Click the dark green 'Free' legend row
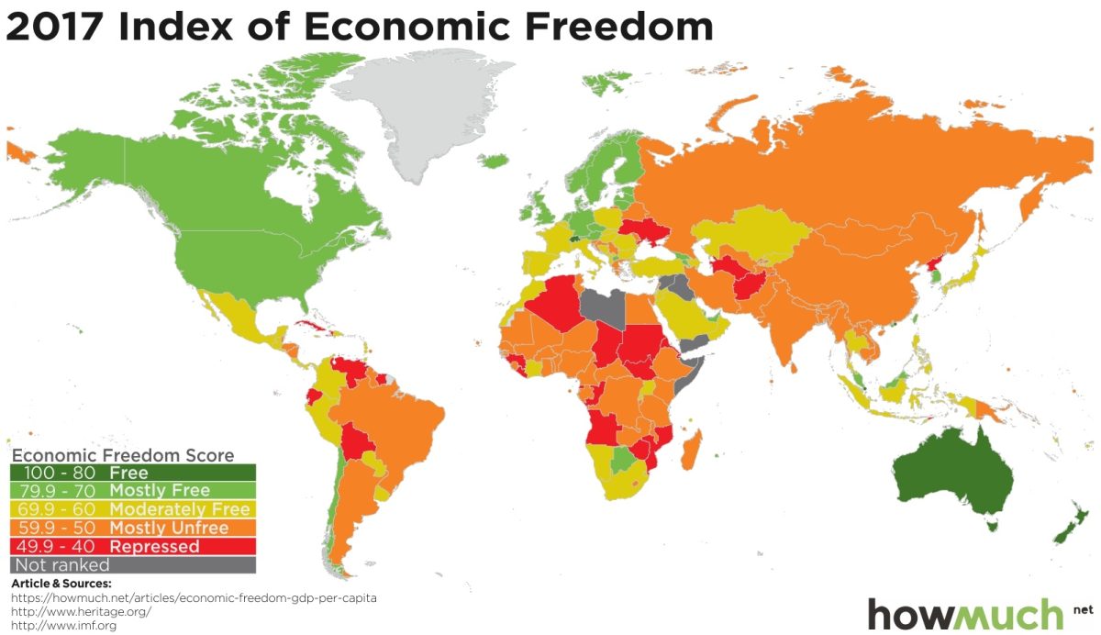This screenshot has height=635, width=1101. (x=132, y=473)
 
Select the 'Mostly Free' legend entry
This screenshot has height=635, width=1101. (x=132, y=491)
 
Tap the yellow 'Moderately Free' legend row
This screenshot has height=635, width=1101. (x=132, y=509)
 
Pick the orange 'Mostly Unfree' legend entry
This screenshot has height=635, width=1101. (x=132, y=528)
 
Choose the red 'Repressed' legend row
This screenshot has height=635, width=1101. (x=132, y=546)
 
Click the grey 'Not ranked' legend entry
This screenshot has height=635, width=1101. (x=132, y=564)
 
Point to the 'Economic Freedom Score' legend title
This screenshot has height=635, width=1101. (x=123, y=455)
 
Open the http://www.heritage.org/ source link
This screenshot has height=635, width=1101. (x=81, y=611)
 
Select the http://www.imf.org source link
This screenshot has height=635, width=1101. (x=63, y=625)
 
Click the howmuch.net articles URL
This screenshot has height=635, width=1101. (x=194, y=597)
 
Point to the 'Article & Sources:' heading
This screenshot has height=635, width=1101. (x=61, y=584)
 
